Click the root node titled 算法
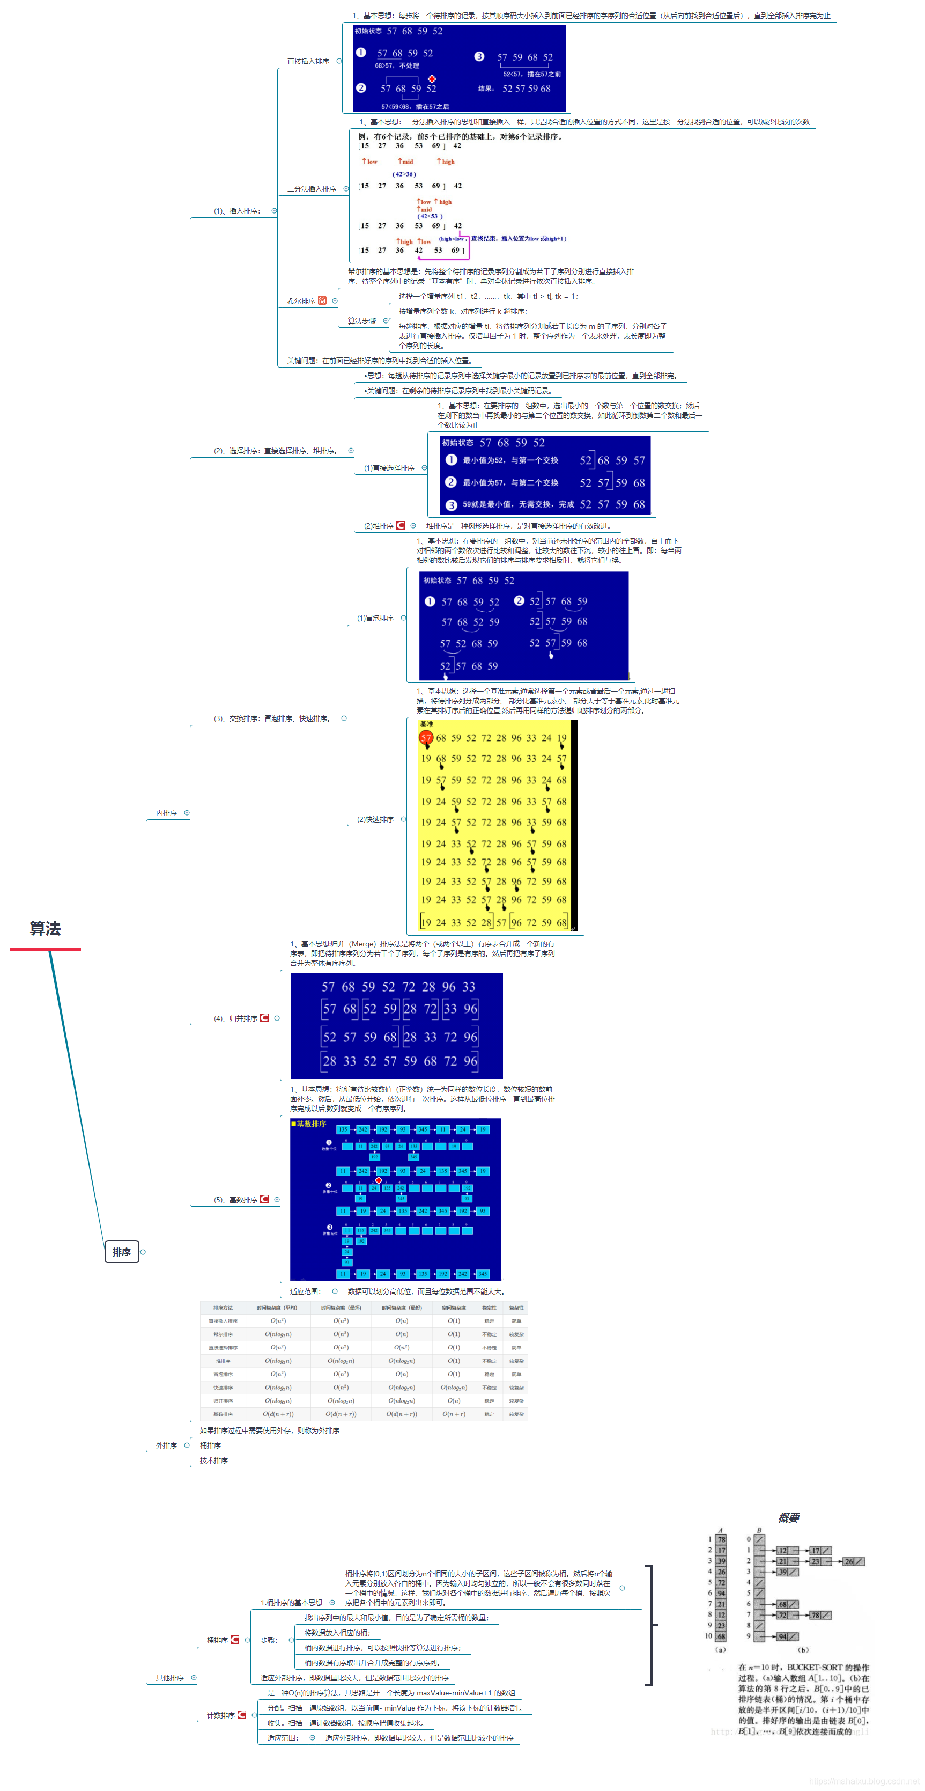click(x=45, y=928)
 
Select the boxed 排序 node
click(x=122, y=1251)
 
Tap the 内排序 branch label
click(x=166, y=813)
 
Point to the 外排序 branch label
click(x=166, y=1445)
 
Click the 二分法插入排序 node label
click(x=312, y=189)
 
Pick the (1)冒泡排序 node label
click(x=375, y=618)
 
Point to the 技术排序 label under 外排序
click(x=213, y=1460)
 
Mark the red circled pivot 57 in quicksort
click(x=426, y=738)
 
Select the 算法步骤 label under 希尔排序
click(x=361, y=320)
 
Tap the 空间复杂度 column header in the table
click(x=454, y=1308)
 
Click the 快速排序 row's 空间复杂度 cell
click(x=454, y=1388)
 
